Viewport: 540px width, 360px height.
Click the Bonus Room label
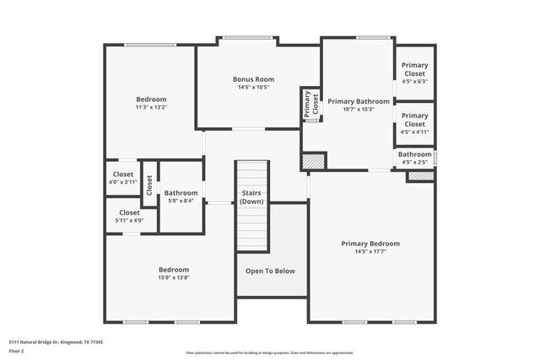point(254,79)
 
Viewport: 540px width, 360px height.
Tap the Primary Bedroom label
point(370,244)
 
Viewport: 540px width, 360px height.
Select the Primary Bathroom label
point(358,100)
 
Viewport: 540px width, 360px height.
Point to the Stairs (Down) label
point(251,197)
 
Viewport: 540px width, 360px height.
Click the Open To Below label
point(270,271)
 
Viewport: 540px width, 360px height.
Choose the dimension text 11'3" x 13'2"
point(151,107)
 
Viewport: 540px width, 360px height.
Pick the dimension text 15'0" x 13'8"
point(174,277)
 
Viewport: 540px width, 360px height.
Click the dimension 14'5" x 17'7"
point(370,251)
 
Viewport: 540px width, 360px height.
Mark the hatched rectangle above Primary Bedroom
point(420,176)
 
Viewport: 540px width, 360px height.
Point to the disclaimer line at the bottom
point(270,352)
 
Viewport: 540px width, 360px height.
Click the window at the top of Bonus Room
point(247,37)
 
